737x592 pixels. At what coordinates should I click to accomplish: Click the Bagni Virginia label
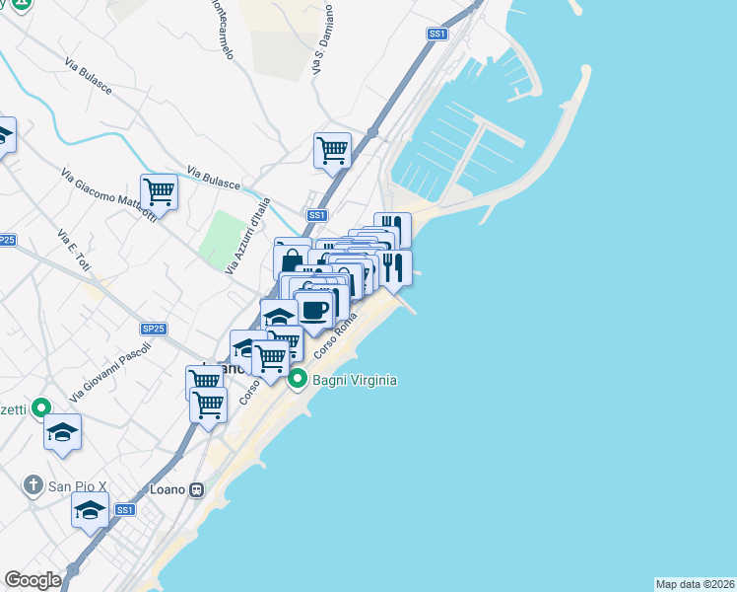click(354, 379)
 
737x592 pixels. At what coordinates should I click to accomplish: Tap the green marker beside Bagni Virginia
click(299, 379)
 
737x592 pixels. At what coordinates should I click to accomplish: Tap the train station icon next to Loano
click(197, 488)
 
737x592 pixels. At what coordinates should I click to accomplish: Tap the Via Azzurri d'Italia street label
click(246, 237)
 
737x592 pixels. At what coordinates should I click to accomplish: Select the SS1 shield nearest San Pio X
click(124, 509)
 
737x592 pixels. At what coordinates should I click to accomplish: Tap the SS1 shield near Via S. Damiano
click(437, 34)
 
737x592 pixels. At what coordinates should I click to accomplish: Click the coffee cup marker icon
click(314, 309)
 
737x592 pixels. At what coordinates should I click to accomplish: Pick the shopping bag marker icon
click(292, 260)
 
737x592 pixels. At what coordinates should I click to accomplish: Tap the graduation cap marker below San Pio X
click(90, 511)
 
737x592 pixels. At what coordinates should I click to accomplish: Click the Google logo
click(33, 580)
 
